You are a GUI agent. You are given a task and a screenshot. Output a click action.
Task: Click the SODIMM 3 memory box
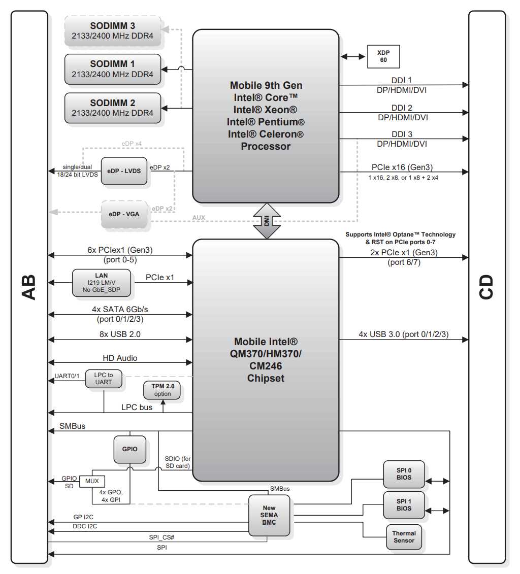(112, 30)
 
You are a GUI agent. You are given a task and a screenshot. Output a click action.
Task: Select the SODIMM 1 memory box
(112, 69)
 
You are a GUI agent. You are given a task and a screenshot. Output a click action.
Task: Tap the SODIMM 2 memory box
(112, 108)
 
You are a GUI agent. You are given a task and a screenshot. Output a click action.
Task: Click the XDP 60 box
(383, 56)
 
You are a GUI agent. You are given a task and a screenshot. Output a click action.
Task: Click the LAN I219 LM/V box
(102, 283)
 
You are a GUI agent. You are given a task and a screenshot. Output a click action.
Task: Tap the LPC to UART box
(104, 379)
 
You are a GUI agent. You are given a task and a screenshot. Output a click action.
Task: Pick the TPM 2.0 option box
(162, 390)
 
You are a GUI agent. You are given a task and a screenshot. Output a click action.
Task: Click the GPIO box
(129, 449)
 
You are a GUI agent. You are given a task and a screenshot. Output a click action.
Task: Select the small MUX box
(92, 481)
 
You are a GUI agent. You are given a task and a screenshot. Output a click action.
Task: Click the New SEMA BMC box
(269, 515)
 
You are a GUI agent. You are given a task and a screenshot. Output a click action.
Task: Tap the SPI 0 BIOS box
(404, 474)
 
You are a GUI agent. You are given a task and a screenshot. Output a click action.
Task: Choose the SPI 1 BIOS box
(404, 504)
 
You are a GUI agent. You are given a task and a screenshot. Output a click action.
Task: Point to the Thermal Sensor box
(404, 537)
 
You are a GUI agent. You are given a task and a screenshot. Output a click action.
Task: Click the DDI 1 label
(401, 80)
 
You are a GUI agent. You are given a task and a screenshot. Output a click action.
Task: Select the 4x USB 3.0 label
(403, 334)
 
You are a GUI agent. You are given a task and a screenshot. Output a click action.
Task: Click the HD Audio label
(120, 358)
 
